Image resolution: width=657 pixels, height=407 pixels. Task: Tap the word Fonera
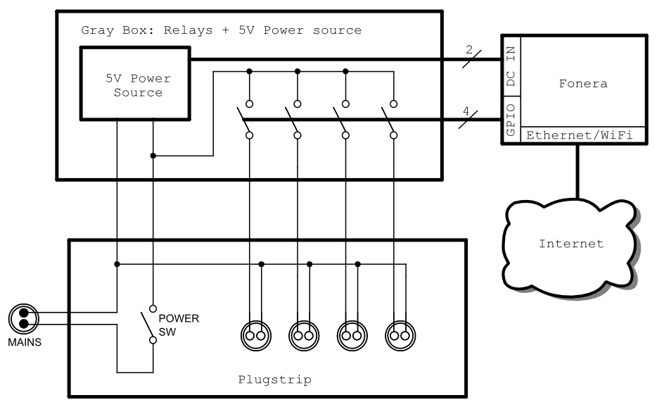(582, 83)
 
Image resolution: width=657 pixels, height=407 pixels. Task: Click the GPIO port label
(511, 119)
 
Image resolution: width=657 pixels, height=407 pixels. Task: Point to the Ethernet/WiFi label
(581, 137)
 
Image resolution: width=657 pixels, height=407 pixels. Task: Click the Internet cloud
(570, 244)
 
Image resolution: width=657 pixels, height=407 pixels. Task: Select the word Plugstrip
(274, 380)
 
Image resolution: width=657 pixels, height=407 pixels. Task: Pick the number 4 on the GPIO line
(465, 110)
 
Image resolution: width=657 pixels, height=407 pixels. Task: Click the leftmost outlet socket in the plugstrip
(255, 336)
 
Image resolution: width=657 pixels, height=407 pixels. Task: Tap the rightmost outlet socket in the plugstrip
(400, 336)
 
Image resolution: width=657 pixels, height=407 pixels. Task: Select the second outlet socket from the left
(304, 336)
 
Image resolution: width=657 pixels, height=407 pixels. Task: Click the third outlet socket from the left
(352, 336)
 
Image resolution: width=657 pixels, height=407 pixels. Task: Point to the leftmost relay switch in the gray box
(246, 120)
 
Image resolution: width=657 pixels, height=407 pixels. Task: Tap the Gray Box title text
(220, 30)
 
